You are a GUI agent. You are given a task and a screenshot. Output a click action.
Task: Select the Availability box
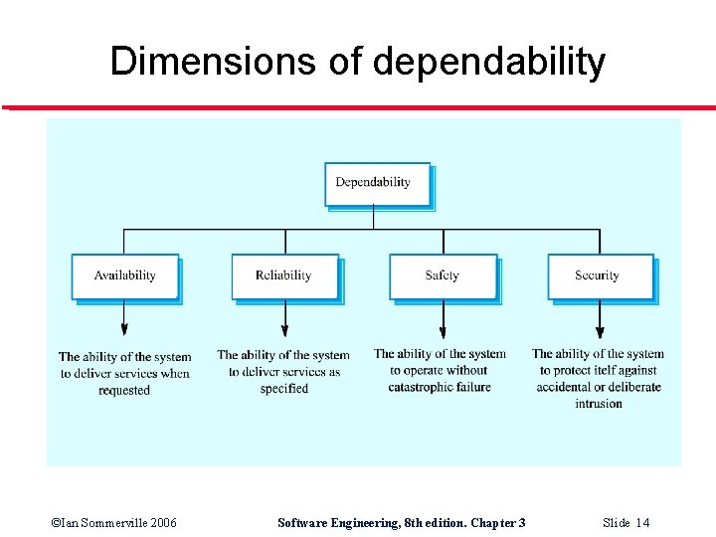[x=124, y=275]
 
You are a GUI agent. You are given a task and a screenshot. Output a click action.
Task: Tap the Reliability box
[x=283, y=275]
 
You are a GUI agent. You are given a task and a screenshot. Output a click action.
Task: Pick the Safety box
[x=442, y=275]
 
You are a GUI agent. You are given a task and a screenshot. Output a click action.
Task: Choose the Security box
[x=599, y=275]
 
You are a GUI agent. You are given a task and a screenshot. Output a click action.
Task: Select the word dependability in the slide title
[x=489, y=62]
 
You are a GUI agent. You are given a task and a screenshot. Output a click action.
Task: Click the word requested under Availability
[x=124, y=391]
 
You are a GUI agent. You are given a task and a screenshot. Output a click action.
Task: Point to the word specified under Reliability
[x=284, y=389]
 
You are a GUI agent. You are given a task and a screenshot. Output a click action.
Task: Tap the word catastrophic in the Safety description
[x=422, y=387]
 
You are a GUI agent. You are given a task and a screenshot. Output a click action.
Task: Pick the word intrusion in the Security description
[x=599, y=404]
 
